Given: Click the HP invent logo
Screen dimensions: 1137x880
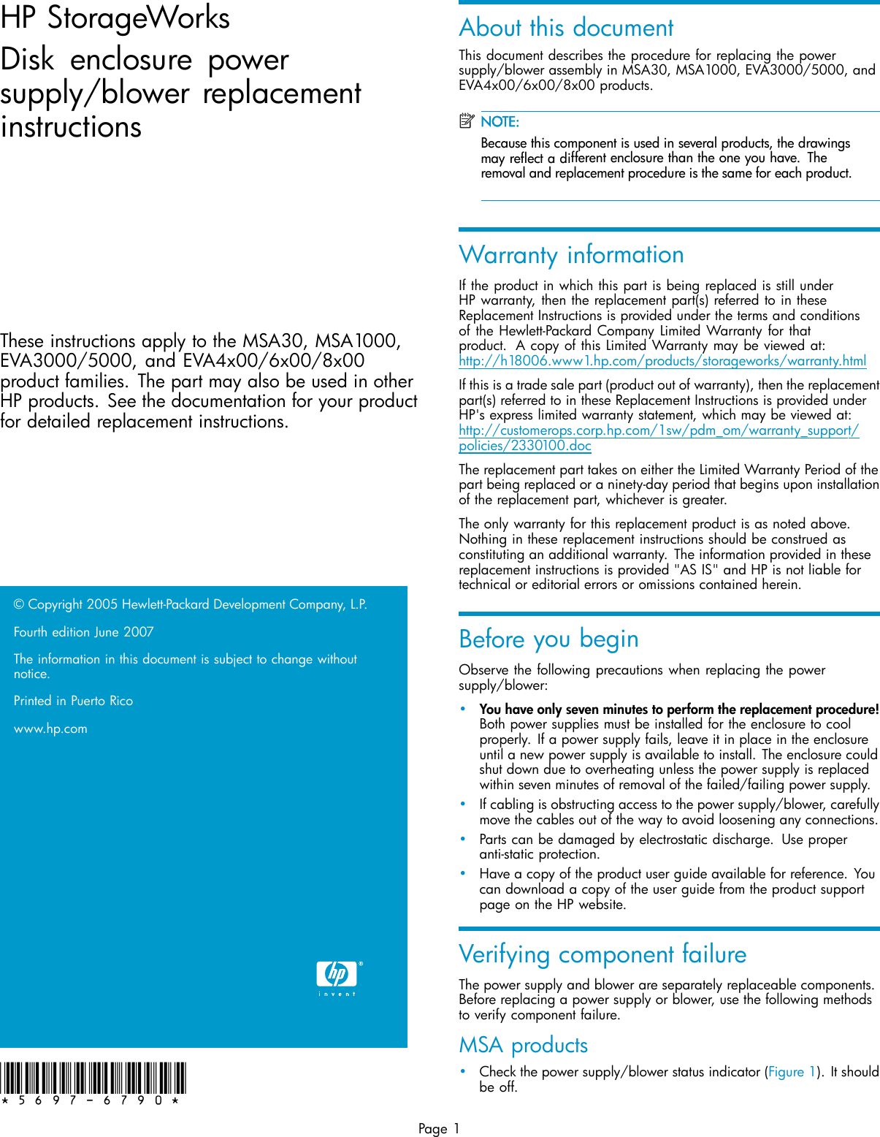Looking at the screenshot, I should click(337, 977).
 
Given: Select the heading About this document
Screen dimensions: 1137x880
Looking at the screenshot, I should click(566, 28).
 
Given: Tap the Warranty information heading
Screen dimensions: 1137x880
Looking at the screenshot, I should click(571, 254).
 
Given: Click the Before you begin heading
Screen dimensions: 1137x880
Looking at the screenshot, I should click(548, 639).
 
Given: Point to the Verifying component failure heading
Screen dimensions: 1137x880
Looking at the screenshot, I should click(602, 954).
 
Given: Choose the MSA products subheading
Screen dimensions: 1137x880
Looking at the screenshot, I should click(523, 1045).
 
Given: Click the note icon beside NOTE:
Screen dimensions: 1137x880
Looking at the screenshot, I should click(467, 121).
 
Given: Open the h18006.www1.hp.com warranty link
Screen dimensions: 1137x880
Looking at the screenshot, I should click(662, 360).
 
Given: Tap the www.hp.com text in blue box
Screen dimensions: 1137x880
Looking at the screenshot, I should click(50, 729).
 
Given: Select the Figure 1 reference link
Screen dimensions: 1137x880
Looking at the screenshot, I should click(791, 1072).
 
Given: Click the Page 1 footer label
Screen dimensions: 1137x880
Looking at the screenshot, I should click(439, 1128).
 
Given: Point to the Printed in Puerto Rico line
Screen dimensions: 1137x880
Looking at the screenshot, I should click(73, 701).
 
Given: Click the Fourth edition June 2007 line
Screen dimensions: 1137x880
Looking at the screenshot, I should click(83, 632).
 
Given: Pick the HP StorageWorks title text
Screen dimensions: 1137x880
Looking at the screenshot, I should click(115, 18).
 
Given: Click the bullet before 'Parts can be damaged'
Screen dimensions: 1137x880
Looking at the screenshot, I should click(462, 839).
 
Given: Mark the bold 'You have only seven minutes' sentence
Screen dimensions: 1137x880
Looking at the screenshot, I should click(678, 709).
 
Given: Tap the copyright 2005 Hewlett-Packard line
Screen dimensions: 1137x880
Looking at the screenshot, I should click(190, 604).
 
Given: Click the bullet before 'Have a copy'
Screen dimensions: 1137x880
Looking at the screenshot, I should click(462, 873).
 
